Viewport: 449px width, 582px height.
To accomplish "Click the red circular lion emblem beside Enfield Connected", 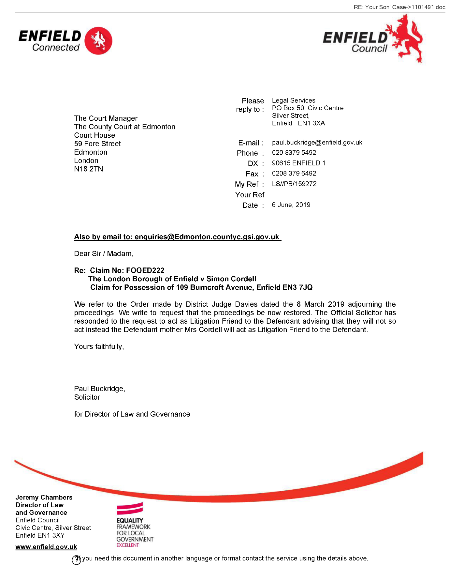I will (98, 41).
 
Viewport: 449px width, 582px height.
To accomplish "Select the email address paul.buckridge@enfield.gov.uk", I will (317, 143).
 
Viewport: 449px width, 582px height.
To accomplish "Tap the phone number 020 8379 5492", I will (294, 153).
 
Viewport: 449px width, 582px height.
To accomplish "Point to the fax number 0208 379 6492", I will (294, 174).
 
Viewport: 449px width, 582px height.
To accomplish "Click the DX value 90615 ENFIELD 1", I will (298, 163).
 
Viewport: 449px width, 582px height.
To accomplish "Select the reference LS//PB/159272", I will (294, 184).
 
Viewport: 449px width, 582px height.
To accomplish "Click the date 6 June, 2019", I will (291, 205).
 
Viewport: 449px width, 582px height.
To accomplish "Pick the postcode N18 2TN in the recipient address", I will (89, 169).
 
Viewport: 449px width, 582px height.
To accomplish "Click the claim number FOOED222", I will (145, 270).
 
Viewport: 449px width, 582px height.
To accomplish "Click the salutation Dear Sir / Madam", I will (104, 254).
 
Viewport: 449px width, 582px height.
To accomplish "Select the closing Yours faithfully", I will (99, 346).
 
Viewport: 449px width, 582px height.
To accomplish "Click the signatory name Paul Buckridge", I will (99, 389).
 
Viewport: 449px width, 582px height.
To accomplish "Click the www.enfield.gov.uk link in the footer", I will (46, 547).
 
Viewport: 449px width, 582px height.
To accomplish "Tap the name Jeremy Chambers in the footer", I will (44, 498).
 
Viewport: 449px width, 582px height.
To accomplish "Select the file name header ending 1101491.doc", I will (399, 7).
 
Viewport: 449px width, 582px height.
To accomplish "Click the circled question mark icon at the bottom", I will (76, 560).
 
